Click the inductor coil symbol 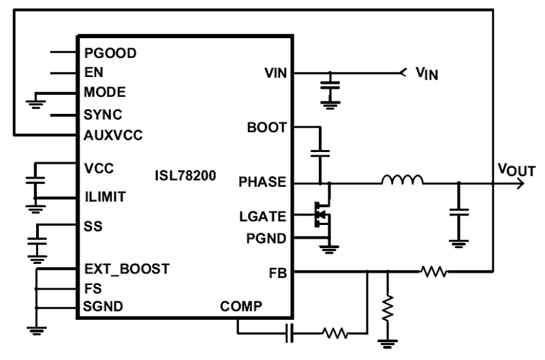click(x=403, y=181)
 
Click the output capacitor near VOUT click(x=458, y=213)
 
